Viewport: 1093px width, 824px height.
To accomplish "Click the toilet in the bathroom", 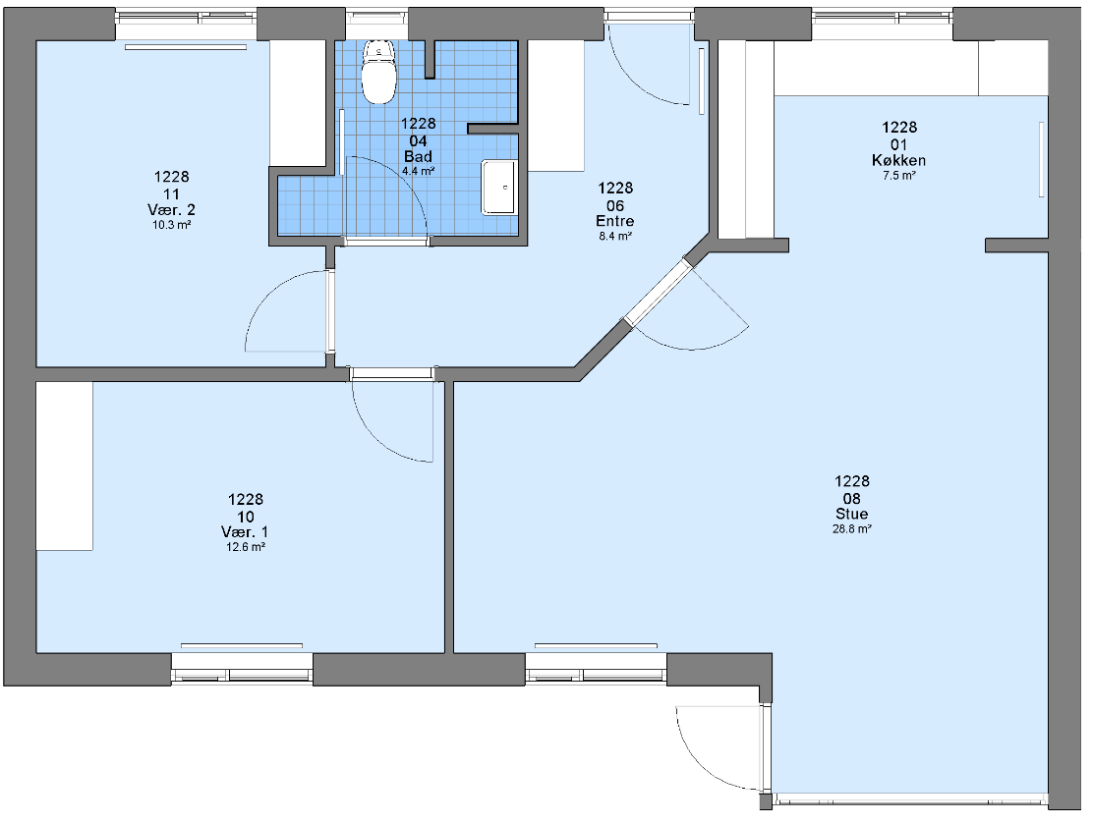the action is tap(379, 72).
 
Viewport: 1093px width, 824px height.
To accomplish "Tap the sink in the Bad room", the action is tap(499, 187).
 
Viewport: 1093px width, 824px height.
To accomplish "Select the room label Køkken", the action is tap(898, 160).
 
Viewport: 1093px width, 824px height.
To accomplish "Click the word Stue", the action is tap(852, 514).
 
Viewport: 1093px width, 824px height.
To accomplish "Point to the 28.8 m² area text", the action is tap(852, 529).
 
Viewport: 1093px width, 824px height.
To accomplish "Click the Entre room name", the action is tap(615, 221).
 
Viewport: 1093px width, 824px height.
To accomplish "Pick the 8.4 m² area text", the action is tap(615, 236).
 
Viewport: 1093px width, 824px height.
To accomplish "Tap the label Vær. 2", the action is tap(171, 209).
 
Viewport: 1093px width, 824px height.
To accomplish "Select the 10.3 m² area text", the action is tap(171, 225).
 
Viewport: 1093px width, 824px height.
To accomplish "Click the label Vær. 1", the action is tap(245, 532).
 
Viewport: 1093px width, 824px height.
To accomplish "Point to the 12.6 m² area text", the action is tap(246, 547).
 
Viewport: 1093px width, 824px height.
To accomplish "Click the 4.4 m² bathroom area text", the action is tap(419, 171).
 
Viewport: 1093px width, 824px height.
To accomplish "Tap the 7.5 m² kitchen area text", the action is tap(899, 176).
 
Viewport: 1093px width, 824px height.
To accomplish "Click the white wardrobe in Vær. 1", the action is tap(65, 466).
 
